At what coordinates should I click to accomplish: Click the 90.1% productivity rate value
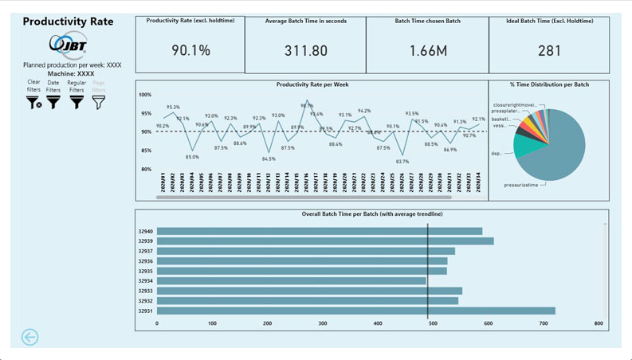tap(191, 50)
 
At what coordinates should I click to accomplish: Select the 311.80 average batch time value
tap(305, 50)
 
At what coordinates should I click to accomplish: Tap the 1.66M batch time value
tap(427, 50)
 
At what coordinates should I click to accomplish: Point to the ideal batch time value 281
tap(548, 50)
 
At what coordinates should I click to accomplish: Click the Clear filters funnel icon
tap(33, 102)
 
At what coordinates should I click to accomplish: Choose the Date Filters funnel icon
tap(53, 102)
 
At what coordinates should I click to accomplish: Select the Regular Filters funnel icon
tap(77, 102)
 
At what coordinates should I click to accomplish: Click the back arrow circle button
tap(29, 337)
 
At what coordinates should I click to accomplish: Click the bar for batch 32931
tap(355, 311)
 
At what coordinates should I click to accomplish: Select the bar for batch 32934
tap(291, 280)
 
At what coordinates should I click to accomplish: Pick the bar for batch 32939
tap(325, 241)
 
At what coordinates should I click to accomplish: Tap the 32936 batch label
tap(145, 260)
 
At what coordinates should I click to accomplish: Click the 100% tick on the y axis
tap(145, 95)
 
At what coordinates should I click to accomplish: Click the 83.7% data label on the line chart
tap(402, 161)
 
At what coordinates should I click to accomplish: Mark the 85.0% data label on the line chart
tap(192, 157)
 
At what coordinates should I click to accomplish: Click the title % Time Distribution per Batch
tap(548, 84)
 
